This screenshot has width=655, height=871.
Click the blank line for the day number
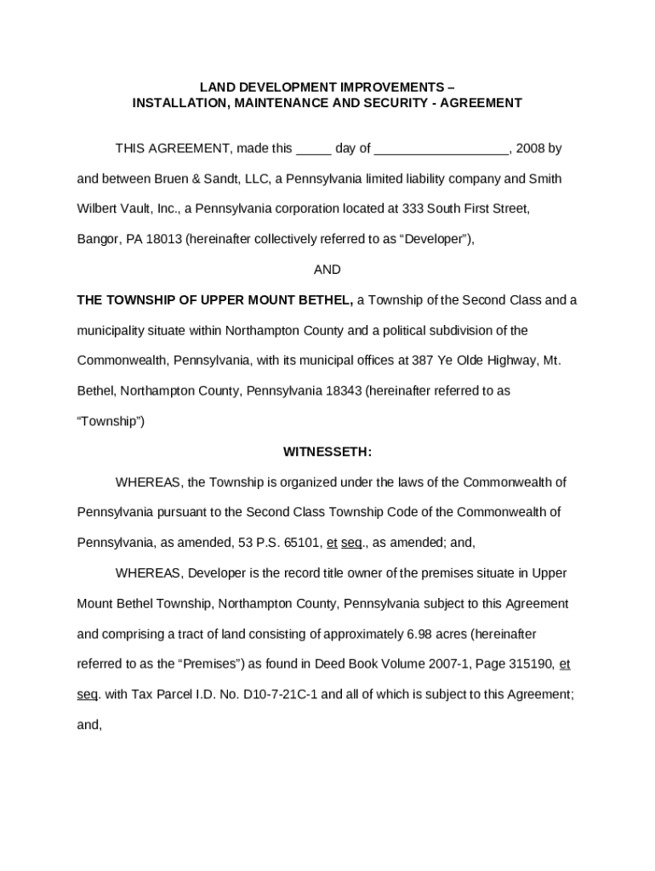313,150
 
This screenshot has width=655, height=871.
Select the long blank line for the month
441,150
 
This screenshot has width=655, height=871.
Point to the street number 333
413,209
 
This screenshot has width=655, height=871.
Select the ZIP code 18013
164,240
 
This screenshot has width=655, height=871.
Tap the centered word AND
327,270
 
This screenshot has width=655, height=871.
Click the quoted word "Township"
110,422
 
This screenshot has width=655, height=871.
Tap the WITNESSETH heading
327,452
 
